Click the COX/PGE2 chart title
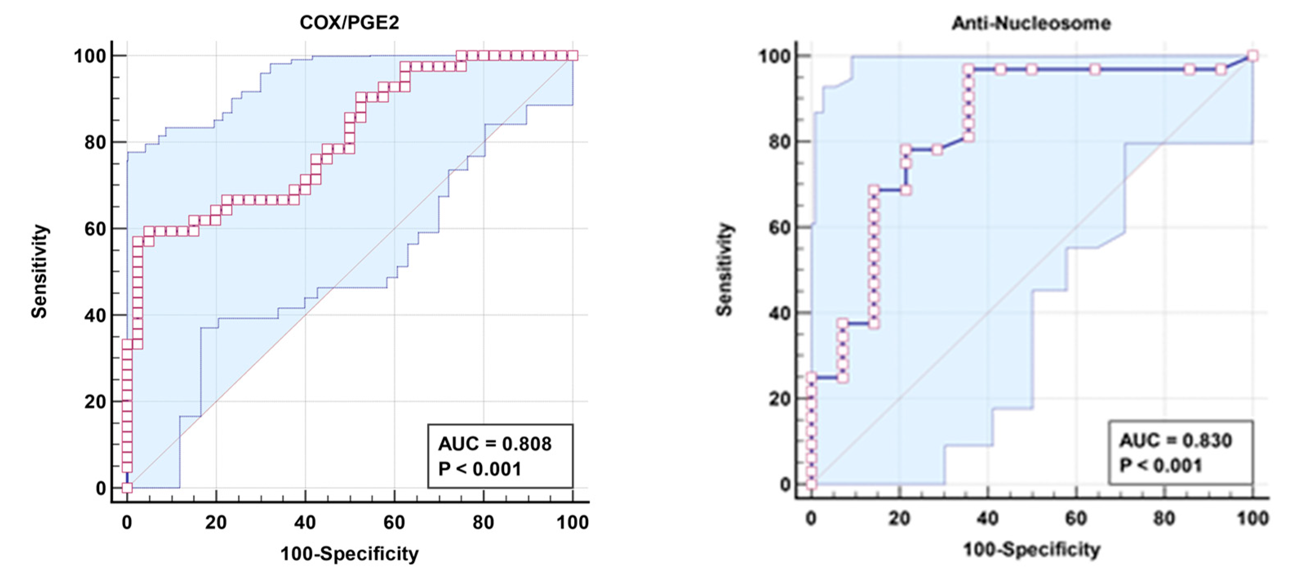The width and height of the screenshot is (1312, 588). coord(349,22)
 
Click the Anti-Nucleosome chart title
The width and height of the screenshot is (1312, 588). coord(1031,23)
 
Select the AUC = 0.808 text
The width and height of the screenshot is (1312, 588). coord(495,444)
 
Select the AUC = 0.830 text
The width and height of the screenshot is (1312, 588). coord(1176,440)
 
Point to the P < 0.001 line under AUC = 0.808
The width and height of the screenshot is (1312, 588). coord(480,469)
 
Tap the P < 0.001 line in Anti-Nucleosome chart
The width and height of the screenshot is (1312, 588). coord(1160,465)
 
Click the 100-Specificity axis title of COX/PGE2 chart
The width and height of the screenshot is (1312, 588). coord(349,553)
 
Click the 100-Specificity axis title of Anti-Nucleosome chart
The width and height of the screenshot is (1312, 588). coord(1031,550)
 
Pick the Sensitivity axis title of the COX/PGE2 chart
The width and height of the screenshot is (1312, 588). coord(39,271)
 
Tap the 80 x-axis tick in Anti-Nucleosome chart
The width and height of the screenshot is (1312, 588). coord(1164,518)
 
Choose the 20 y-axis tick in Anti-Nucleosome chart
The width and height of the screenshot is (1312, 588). coord(779,399)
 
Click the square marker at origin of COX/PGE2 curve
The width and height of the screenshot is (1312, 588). coord(127,488)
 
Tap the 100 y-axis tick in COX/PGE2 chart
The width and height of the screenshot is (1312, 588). coord(90,55)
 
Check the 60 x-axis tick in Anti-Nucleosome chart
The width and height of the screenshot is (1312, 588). coord(1076,518)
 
